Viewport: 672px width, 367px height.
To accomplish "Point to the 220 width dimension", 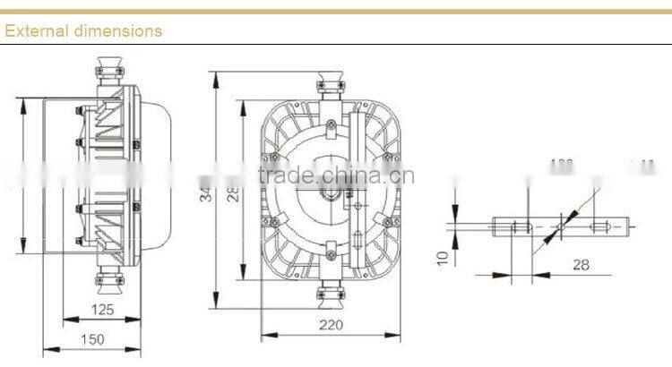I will click(332, 326).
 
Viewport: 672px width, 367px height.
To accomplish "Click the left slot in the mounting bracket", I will click(517, 227).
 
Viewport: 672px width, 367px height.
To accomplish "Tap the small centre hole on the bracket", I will click(561, 227).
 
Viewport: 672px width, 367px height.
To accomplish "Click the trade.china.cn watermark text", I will click(334, 175).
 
